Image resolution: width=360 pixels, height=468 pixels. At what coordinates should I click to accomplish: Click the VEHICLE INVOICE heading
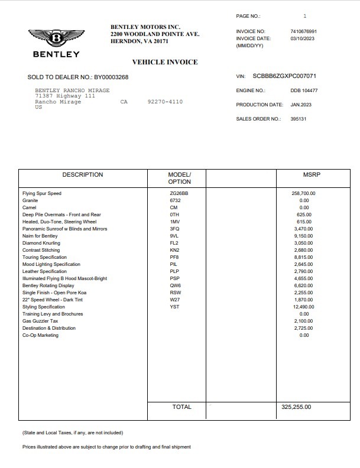164,62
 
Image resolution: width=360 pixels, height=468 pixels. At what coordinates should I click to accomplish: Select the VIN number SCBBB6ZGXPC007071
284,76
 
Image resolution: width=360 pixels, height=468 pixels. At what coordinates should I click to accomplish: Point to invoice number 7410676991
304,31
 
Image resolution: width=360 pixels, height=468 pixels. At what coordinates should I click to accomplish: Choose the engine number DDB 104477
304,90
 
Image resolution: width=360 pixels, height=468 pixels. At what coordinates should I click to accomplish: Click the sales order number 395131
299,119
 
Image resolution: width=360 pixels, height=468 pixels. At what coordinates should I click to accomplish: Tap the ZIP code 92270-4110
165,102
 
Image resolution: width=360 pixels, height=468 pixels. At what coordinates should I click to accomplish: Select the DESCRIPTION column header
83,175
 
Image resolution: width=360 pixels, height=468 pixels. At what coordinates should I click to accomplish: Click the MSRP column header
304,175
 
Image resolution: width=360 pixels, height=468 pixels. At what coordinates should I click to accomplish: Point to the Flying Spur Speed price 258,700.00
304,193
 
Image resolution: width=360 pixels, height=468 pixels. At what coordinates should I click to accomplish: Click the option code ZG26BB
179,193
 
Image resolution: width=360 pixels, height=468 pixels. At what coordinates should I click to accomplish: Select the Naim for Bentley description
40,236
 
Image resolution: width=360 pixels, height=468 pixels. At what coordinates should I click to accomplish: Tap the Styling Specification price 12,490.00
304,307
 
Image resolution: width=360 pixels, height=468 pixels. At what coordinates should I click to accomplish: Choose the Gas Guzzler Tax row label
40,321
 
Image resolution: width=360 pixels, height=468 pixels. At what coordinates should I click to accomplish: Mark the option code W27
175,300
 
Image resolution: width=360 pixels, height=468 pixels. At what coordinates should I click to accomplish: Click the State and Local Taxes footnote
73,433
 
